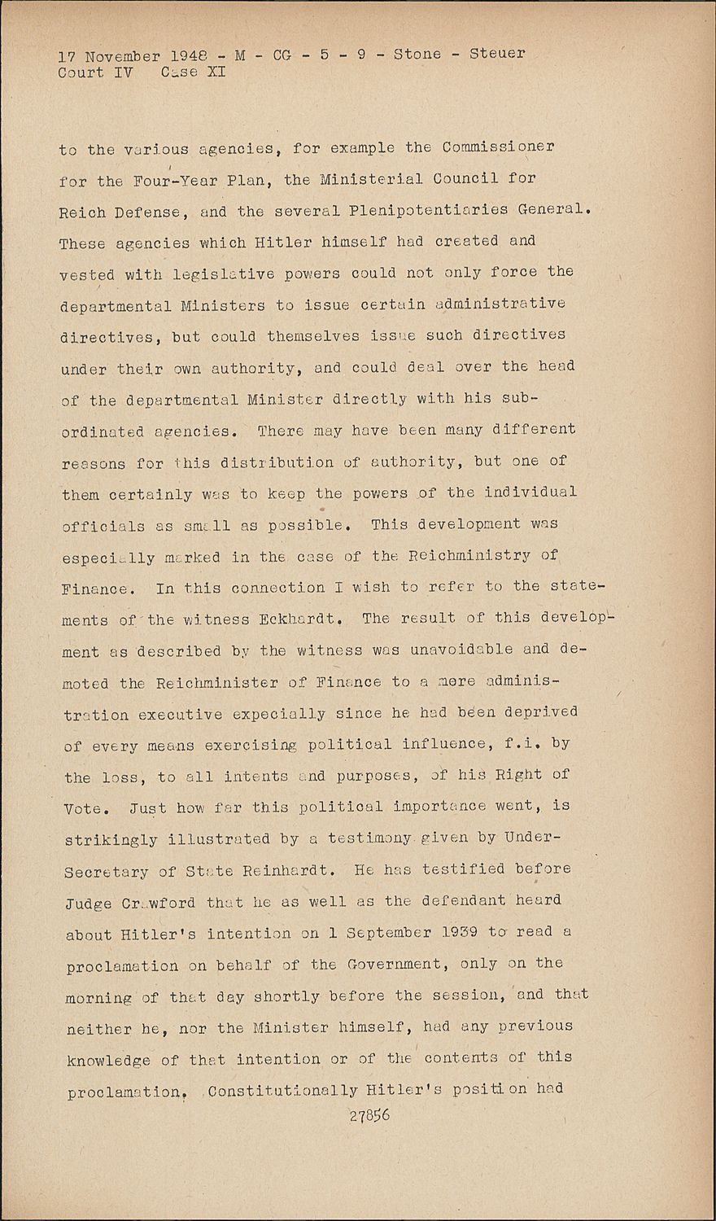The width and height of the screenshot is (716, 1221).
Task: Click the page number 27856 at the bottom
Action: coord(369,1115)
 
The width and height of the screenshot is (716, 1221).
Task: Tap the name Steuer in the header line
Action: coord(497,54)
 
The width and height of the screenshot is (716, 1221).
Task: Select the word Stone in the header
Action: coord(417,55)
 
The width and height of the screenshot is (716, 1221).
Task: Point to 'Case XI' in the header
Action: coord(193,72)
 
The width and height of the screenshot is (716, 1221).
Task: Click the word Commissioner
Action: coord(499,147)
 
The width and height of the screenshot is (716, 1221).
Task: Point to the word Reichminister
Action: coord(216,682)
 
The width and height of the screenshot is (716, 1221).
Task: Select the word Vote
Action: coord(83,808)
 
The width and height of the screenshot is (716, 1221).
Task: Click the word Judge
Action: coord(89,902)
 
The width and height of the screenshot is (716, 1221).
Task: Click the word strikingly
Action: coord(111,839)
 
